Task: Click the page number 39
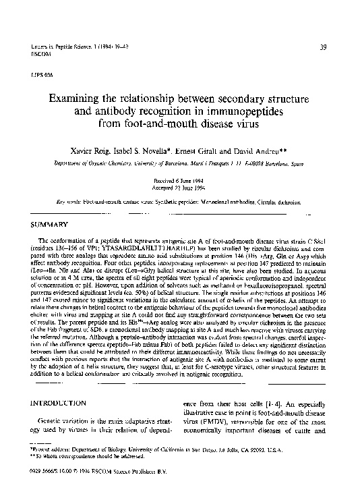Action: pyautogui.click(x=323, y=46)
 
